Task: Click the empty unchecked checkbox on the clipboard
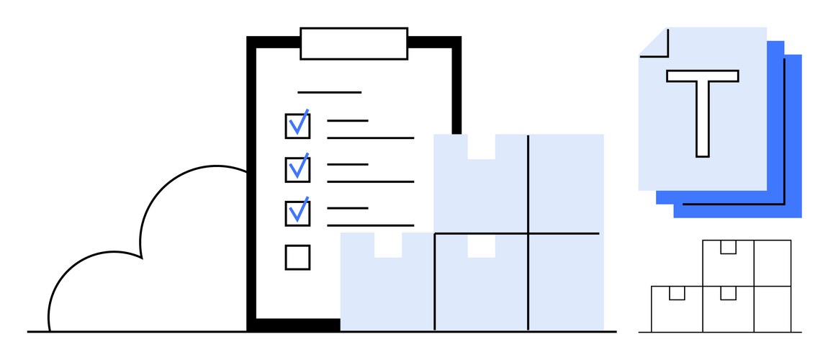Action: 297,257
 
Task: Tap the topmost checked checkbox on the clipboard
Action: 297,125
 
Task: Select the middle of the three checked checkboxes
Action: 297,169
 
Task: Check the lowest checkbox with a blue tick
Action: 297,213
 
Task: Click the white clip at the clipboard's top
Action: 354,43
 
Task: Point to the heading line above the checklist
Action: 330,92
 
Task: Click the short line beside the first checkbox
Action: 348,121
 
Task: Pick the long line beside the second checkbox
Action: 370,181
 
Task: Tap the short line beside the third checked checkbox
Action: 348,208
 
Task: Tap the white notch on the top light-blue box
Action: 481,147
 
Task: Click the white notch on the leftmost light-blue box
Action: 388,245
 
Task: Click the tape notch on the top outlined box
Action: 728,247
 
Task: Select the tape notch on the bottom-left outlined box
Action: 677,293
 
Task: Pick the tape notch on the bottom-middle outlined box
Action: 728,293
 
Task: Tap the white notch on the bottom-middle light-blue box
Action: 481,246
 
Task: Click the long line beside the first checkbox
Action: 370,138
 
